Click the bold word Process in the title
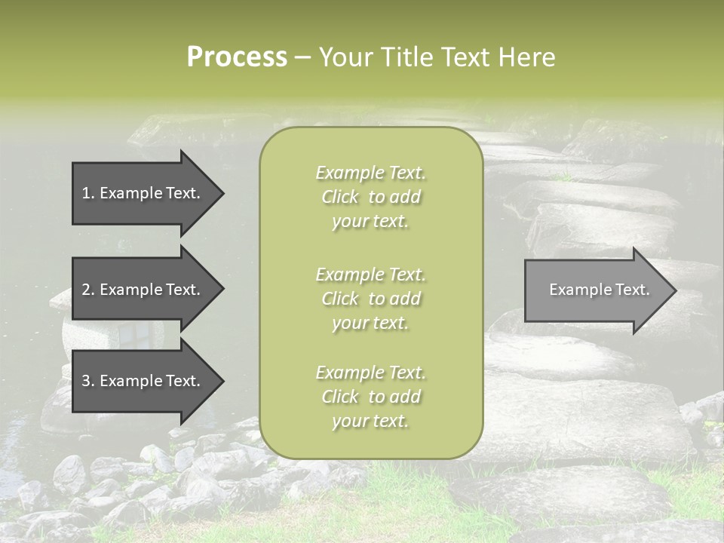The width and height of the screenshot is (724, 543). [x=237, y=57]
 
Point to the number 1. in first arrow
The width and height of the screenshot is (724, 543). [x=88, y=193]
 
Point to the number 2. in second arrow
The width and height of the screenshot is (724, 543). [x=88, y=290]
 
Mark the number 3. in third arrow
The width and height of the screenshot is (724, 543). [x=88, y=381]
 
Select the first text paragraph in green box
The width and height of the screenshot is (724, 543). [x=370, y=197]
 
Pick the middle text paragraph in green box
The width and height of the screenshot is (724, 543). [x=370, y=299]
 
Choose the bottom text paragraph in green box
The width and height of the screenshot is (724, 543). [x=370, y=397]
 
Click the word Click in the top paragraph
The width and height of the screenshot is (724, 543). [x=340, y=197]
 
